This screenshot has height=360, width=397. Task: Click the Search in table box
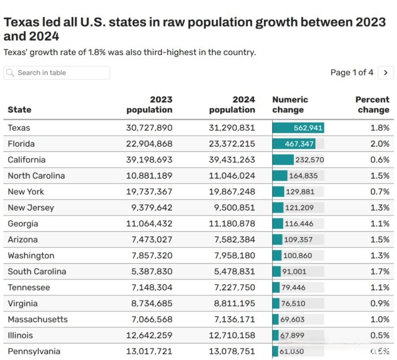(57, 73)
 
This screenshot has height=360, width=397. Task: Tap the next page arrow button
(386, 73)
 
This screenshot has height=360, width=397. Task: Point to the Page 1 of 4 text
(352, 73)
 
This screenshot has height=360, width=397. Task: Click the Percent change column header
(372, 104)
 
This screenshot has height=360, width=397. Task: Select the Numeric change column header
(290, 104)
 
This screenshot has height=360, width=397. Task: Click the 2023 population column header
(149, 104)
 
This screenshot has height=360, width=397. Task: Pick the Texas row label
(19, 128)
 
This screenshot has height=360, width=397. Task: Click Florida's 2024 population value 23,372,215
(232, 144)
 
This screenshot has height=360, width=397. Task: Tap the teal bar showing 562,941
(298, 128)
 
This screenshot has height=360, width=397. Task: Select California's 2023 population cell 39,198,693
(149, 160)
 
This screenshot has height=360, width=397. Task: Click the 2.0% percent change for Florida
(379, 144)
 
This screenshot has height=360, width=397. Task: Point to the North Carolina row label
(36, 176)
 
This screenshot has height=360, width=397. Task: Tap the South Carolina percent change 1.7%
(379, 272)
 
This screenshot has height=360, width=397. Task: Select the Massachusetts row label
(37, 319)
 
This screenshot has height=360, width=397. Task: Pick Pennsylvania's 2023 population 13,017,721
(149, 351)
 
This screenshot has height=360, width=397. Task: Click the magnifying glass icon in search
(11, 73)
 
